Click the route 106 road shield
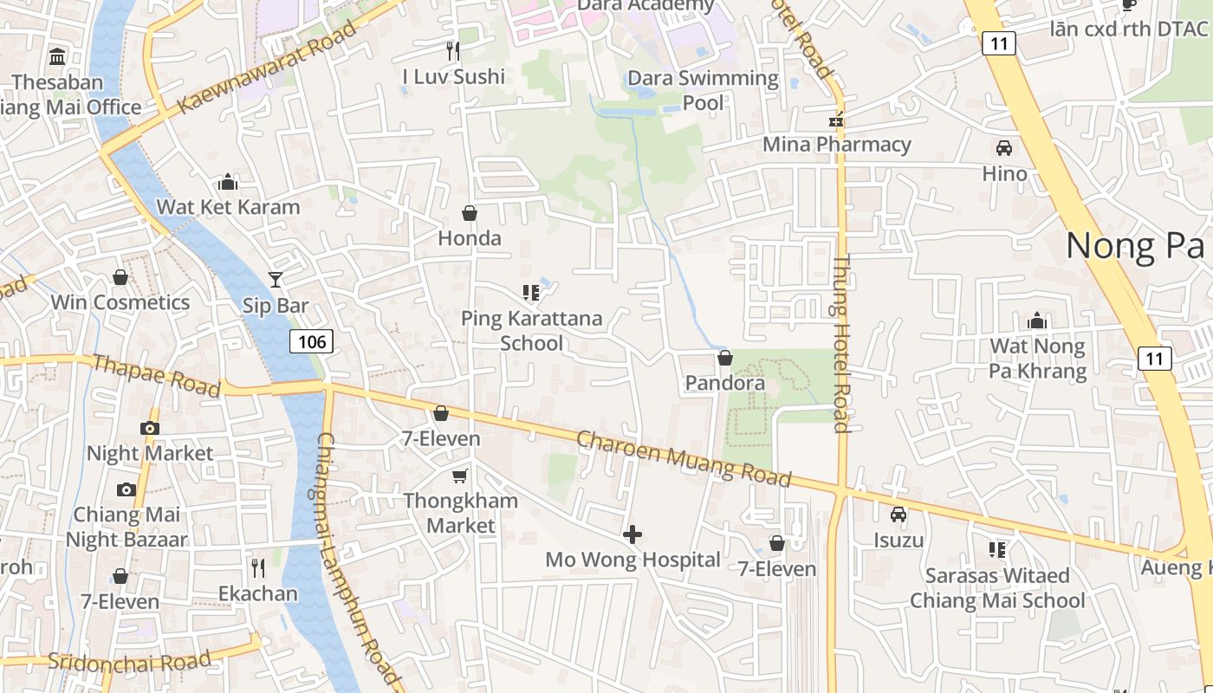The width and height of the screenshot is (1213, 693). coord(311,341)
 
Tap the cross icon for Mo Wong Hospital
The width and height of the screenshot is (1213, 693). coord(632,534)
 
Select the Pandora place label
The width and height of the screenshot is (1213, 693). coord(725,383)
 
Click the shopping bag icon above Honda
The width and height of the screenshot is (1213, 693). coord(470,213)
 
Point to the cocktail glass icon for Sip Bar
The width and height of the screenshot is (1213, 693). coord(276,279)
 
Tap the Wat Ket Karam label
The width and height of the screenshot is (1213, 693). coord(228,207)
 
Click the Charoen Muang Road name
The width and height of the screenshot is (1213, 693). coord(684,459)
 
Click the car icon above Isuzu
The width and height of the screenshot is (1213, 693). coord(898,515)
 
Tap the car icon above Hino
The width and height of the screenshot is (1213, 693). coord(1004,148)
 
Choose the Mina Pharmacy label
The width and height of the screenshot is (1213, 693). coord(836,144)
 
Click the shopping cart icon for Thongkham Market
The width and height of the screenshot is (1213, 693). coord(460,476)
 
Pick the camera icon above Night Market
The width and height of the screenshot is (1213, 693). coord(150,428)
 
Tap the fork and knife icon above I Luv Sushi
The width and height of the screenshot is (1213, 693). coord(452,50)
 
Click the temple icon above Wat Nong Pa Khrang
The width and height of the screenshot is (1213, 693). coord(1037,321)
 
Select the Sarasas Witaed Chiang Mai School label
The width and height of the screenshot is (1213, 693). coord(997,588)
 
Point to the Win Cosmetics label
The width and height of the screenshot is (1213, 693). coord(120,302)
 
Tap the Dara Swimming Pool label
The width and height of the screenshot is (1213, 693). coord(703,90)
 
